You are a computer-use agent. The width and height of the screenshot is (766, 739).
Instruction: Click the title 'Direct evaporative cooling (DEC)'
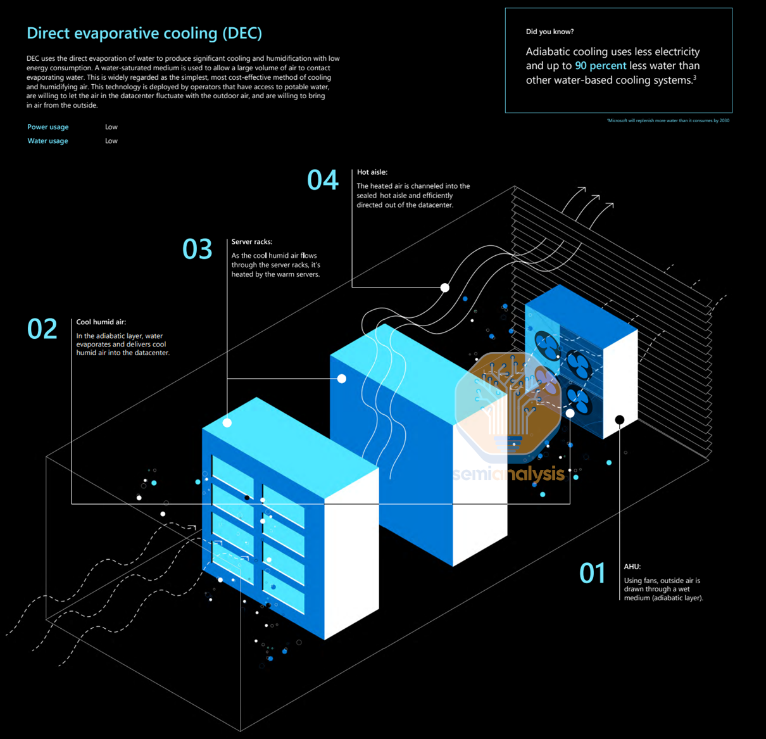[x=144, y=33]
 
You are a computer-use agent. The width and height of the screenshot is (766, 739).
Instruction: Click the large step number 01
[x=593, y=573]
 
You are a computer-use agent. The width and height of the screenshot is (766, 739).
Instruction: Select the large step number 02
[x=42, y=329]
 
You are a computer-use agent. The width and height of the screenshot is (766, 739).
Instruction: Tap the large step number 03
[x=197, y=249]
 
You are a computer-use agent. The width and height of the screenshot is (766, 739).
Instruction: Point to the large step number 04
[x=323, y=180]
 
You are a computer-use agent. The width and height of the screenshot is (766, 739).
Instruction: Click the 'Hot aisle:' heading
[x=372, y=172]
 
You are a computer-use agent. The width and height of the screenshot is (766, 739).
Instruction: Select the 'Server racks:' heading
[x=252, y=242]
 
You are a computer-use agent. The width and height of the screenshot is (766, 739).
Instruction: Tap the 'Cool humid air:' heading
[x=101, y=322]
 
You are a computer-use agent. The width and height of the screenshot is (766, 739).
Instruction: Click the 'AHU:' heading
[x=632, y=567]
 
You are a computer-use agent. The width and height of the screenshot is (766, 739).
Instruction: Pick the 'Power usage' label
[x=48, y=127]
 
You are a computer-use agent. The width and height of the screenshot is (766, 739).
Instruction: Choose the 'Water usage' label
[x=48, y=141]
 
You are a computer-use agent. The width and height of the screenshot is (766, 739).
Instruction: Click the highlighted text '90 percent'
[x=600, y=66]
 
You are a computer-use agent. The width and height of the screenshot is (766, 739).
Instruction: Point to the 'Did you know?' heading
[x=549, y=32]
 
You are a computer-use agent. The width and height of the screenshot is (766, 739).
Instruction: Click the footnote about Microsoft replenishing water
[x=667, y=120]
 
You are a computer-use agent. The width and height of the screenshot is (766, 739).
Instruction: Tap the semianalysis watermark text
[x=509, y=474]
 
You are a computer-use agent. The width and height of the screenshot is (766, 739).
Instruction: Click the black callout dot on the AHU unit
[x=620, y=419]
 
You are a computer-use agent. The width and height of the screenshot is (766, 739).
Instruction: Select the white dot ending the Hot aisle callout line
[x=445, y=287]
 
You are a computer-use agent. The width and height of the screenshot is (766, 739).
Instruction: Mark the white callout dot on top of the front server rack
[x=227, y=422]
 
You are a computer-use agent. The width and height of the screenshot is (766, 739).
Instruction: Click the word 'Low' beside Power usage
[x=111, y=127]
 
